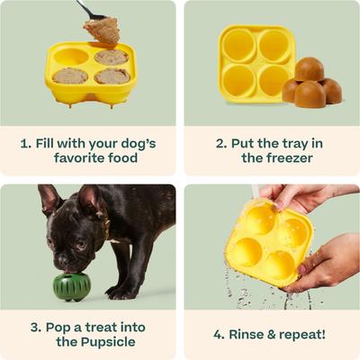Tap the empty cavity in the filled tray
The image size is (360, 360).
click(71, 57)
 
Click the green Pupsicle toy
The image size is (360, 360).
click(71, 285)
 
